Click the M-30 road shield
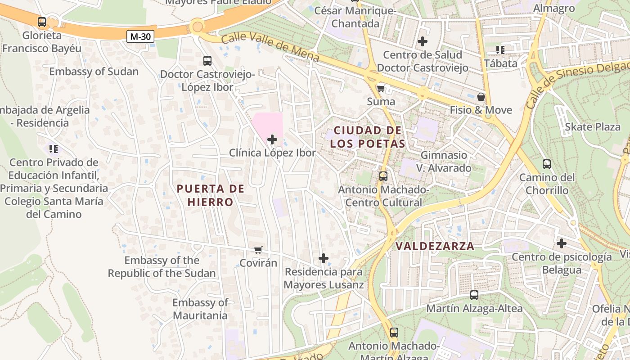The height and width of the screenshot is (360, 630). tap(140, 36)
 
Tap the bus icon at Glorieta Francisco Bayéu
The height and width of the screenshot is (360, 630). tap(42, 22)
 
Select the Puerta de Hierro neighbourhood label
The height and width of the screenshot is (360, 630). tap(211, 195)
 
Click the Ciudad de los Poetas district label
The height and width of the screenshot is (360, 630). tap(368, 137)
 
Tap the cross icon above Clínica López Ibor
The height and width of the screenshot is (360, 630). tap(272, 139)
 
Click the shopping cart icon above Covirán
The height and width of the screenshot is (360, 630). tap(258, 250)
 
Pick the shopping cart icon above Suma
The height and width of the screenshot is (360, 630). tap(381, 88)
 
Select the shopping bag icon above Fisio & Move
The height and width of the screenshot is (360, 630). tap(481, 97)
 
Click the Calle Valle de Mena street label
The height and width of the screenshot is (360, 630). tap(270, 47)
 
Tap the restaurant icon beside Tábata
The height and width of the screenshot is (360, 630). tap(500, 50)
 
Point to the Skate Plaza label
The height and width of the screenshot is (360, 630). tap(593, 127)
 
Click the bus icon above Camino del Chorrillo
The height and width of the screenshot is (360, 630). tap(547, 164)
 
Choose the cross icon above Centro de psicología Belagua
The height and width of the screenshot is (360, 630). tap(561, 243)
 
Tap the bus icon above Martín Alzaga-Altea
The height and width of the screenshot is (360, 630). tap(474, 295)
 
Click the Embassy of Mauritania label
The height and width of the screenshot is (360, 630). tap(200, 309)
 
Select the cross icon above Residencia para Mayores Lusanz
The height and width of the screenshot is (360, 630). tap(324, 258)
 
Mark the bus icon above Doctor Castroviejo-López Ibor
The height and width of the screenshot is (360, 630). tap(207, 60)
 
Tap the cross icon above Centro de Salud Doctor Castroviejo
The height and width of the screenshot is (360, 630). tap(423, 41)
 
